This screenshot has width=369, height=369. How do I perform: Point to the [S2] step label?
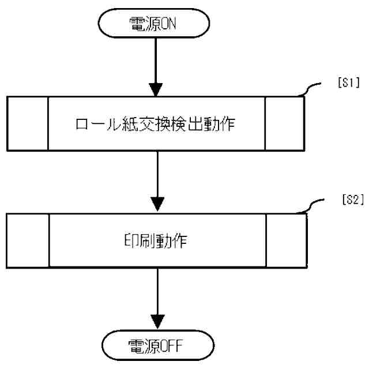click(350, 199)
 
